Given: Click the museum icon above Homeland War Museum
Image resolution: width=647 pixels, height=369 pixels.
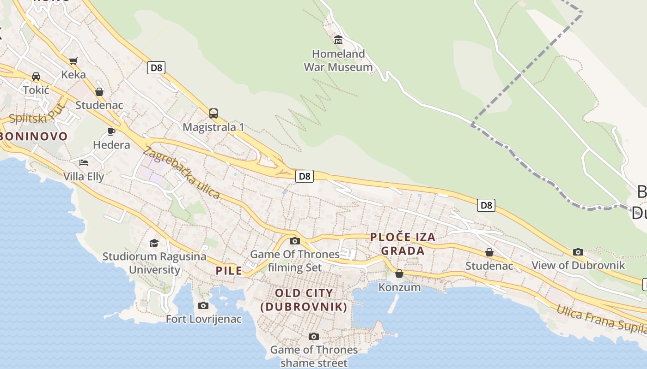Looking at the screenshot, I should (338, 40).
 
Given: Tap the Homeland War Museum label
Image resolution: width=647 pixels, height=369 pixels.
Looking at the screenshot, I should (338, 60).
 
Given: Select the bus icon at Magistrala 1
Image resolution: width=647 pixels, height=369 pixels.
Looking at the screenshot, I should (213, 113).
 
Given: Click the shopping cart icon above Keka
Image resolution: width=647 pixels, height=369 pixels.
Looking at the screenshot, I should (73, 61).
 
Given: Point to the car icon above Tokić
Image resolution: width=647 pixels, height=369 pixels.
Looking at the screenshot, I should (36, 76).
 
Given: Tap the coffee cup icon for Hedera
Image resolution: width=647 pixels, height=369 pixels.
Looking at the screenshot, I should (111, 131).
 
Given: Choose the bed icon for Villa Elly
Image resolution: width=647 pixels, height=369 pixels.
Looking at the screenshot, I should (84, 163).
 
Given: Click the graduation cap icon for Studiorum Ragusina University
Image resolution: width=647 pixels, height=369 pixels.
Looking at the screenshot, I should (154, 243).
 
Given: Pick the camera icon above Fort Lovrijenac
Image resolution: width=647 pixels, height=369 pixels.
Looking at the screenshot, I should (203, 305).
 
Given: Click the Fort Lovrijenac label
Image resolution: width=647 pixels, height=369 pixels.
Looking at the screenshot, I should (204, 319).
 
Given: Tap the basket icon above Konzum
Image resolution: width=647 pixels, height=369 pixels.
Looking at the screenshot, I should (399, 274).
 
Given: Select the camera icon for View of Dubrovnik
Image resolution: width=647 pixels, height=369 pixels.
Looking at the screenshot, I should (578, 252).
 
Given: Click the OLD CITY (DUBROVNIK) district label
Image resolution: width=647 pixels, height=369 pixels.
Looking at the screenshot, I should (304, 300).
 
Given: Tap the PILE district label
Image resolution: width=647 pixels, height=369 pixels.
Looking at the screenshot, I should (229, 271).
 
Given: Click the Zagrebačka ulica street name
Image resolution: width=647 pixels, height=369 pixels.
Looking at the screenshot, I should (182, 173).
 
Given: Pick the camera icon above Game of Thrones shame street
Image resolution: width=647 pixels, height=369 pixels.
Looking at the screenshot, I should (314, 336).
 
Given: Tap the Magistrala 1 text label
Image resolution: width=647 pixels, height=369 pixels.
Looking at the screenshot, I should (214, 127).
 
